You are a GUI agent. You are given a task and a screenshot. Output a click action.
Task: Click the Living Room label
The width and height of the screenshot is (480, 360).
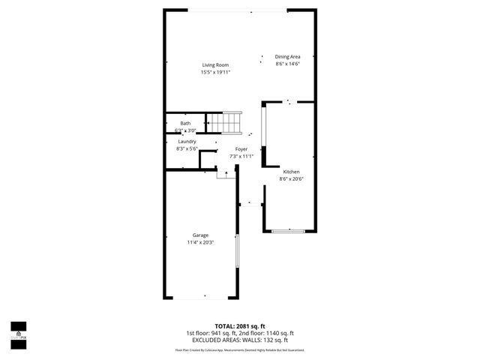pos(214,65)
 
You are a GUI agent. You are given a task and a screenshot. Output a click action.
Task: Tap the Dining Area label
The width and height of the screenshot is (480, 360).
pos(287,57)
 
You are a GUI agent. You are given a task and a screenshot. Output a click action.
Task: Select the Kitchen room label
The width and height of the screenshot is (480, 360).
pos(291,171)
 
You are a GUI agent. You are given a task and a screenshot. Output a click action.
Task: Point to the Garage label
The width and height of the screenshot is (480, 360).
pos(200,235)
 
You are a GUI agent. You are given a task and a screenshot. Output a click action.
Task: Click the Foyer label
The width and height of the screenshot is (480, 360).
pos(241,149)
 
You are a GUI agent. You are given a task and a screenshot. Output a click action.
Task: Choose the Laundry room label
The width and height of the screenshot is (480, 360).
pos(187,142)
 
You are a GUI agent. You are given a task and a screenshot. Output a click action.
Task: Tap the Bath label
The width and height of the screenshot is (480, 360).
pos(185,123)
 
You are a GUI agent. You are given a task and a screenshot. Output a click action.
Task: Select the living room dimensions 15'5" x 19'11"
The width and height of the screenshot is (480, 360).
pos(214,73)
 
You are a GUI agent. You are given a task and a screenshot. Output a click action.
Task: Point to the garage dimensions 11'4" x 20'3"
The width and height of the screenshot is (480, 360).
pos(200,243)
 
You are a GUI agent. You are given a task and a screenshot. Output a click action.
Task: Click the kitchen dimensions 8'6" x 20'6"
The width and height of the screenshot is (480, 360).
pos(291,178)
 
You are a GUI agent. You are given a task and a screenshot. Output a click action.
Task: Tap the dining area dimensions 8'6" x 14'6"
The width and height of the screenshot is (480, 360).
pos(287,64)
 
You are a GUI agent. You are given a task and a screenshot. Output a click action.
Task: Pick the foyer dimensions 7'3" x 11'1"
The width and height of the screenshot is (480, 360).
pos(241,156)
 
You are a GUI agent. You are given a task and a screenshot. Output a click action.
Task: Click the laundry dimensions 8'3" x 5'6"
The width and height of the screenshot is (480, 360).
pos(187,149)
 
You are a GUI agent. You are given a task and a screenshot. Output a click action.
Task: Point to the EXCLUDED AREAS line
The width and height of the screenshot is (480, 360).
pos(240,340)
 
